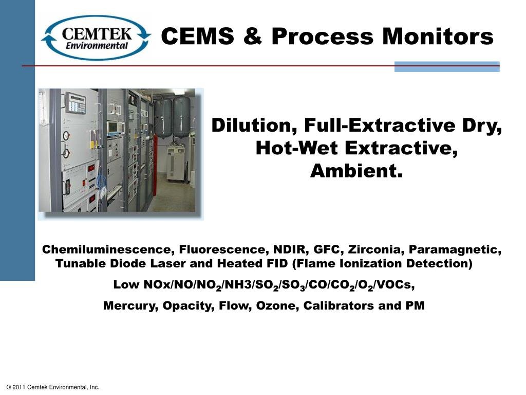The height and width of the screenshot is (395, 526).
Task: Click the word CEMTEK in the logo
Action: (97, 34)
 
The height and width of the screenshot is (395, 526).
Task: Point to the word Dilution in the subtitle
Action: (255, 125)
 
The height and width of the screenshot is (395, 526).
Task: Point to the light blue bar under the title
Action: (446, 66)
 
